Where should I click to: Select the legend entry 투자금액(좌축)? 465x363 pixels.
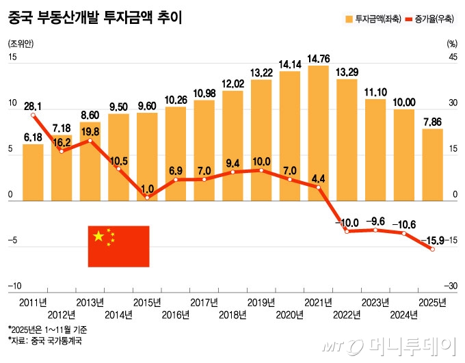tap(369, 19)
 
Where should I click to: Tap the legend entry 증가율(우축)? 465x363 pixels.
tap(430, 19)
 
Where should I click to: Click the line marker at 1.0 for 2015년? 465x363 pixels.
tap(147, 198)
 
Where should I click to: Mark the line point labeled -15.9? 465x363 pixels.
tap(431, 250)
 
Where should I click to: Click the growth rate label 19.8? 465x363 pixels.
tap(90, 131)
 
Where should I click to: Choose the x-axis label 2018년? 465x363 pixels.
tap(232, 316)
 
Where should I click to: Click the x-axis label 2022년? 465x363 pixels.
tap(347, 316)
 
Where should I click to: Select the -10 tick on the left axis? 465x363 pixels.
tap(14, 286)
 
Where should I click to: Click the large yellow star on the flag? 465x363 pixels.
tap(98, 237)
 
